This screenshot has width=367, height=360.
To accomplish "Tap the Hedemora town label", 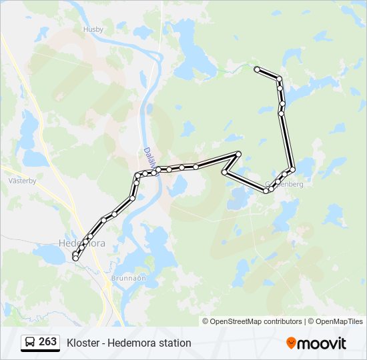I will (x=81, y=243).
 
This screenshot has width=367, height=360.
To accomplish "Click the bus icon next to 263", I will (x=30, y=343).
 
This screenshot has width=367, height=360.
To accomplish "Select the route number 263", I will (x=47, y=342).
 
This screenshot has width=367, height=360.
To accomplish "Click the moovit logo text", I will (x=322, y=343).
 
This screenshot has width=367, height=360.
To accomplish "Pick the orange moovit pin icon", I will (x=292, y=343).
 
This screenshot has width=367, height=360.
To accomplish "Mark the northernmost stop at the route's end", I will (x=257, y=69).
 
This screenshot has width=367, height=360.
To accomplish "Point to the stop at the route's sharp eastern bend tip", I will (x=238, y=154).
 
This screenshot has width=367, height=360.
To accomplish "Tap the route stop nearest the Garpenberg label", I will (x=278, y=181).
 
